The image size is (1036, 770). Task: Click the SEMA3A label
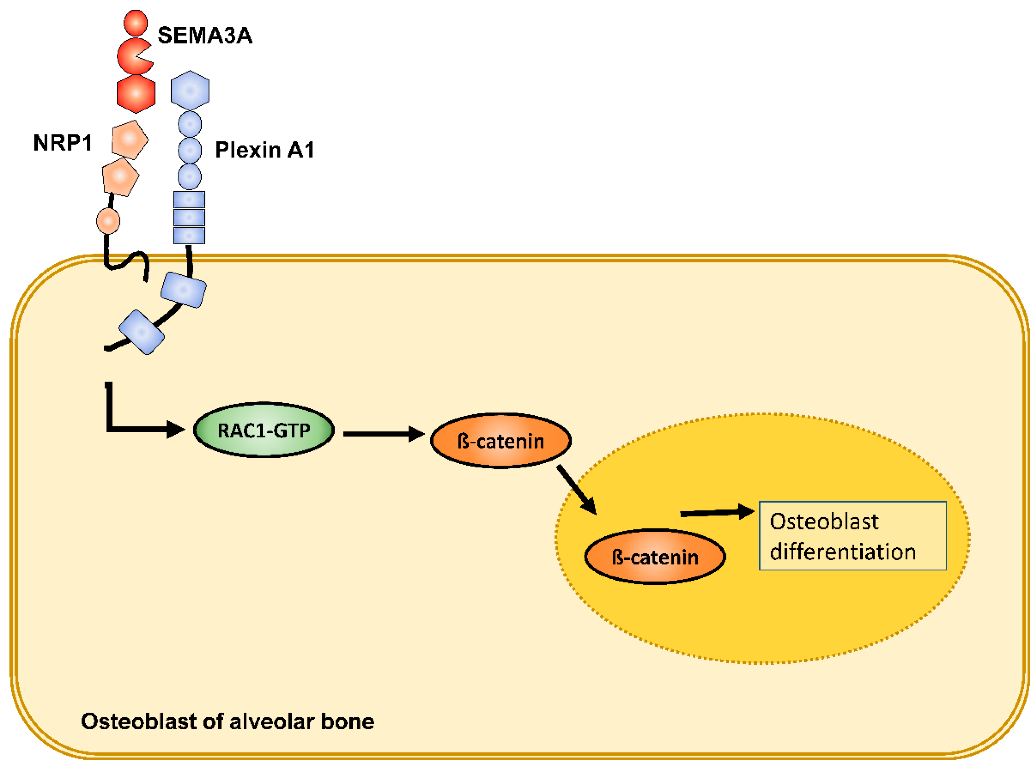coord(205,35)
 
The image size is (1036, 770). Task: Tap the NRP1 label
coord(62,143)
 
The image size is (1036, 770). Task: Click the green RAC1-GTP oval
coord(264,430)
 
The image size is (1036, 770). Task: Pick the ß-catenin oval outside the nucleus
coord(501,440)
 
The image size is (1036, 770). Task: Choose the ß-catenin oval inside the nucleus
coord(655,556)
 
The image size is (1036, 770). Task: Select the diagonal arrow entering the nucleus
coord(577,489)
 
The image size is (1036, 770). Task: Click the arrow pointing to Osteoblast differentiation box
coord(717,512)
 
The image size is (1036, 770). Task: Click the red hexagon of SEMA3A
coord(136,94)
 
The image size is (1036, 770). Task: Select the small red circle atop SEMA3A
coord(136,23)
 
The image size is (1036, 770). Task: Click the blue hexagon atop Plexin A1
coord(190,90)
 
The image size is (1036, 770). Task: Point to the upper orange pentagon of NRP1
coord(129,140)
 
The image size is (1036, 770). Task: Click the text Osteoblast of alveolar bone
coord(227,721)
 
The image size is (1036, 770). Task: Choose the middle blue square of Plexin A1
coord(189,218)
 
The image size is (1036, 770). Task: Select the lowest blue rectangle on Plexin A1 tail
coord(142,332)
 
